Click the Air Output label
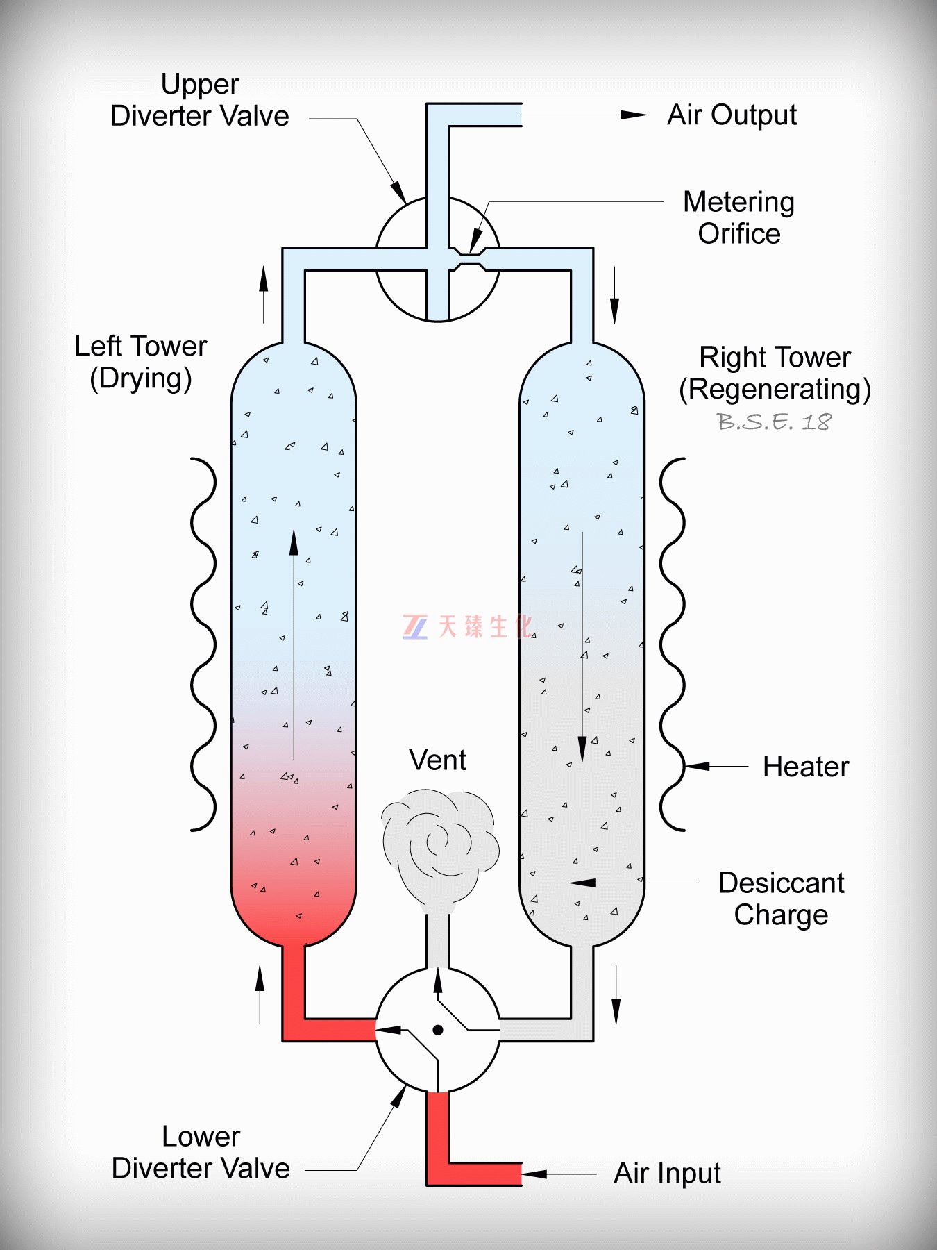click(x=732, y=115)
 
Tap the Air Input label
click(x=667, y=1173)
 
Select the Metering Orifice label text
click(x=738, y=217)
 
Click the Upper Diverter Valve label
click(x=200, y=100)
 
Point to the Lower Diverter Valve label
click(x=201, y=1152)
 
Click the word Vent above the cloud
click(x=437, y=760)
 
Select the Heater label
click(x=805, y=767)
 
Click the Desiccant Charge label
click(x=781, y=899)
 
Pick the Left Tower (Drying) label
click(x=141, y=362)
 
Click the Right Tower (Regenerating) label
click(x=775, y=373)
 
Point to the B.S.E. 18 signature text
click(x=774, y=422)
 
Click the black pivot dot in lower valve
click(x=438, y=1030)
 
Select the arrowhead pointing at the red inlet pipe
click(x=534, y=1174)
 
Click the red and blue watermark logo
click(x=415, y=626)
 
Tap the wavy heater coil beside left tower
click(x=203, y=644)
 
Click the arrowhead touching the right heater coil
click(x=697, y=767)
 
